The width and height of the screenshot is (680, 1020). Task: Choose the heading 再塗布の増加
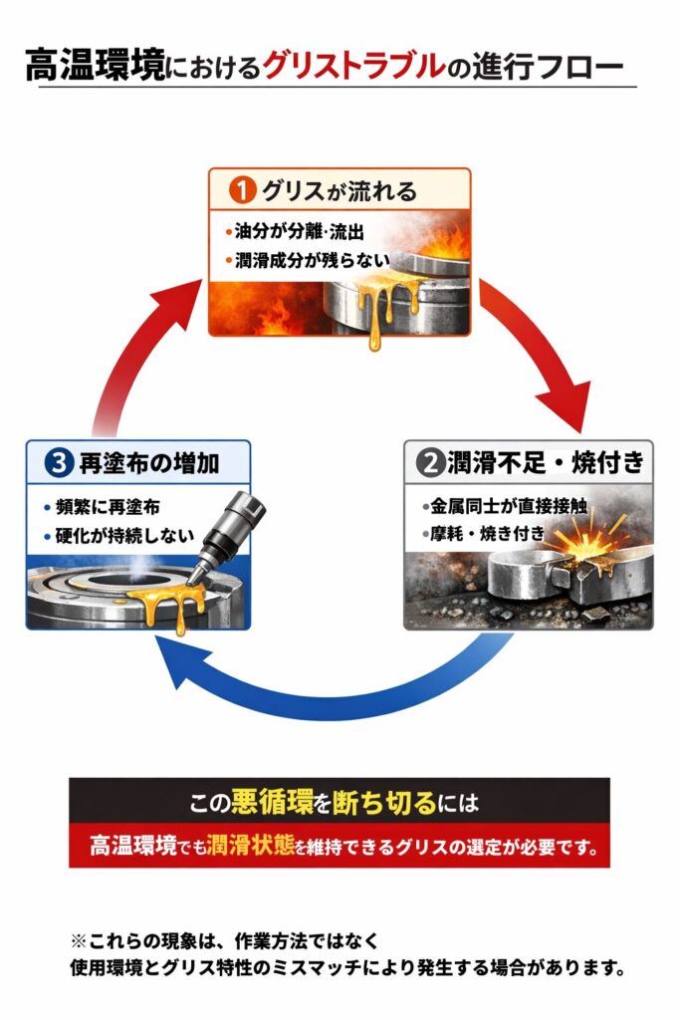point(149,462)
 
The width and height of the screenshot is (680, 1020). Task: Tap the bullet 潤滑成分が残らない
point(306,260)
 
